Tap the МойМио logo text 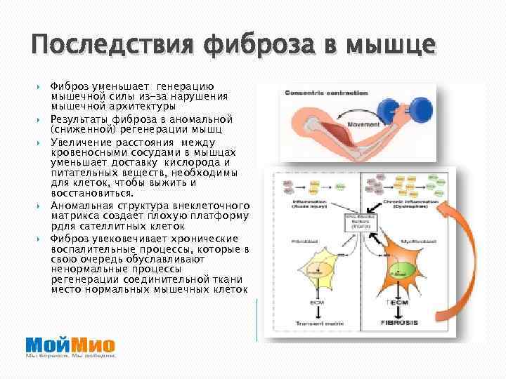click(70, 345)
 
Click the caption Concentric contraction click(327, 92)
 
